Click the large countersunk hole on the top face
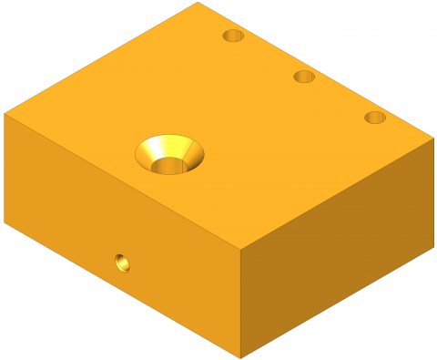[169, 154]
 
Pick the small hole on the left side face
[121, 263]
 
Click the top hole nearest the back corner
[234, 36]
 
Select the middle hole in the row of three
[304, 77]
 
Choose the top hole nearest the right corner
[375, 118]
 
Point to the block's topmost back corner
[198, 3]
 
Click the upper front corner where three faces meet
[240, 248]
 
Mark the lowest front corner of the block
[240, 357]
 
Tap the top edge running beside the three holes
[315, 71]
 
